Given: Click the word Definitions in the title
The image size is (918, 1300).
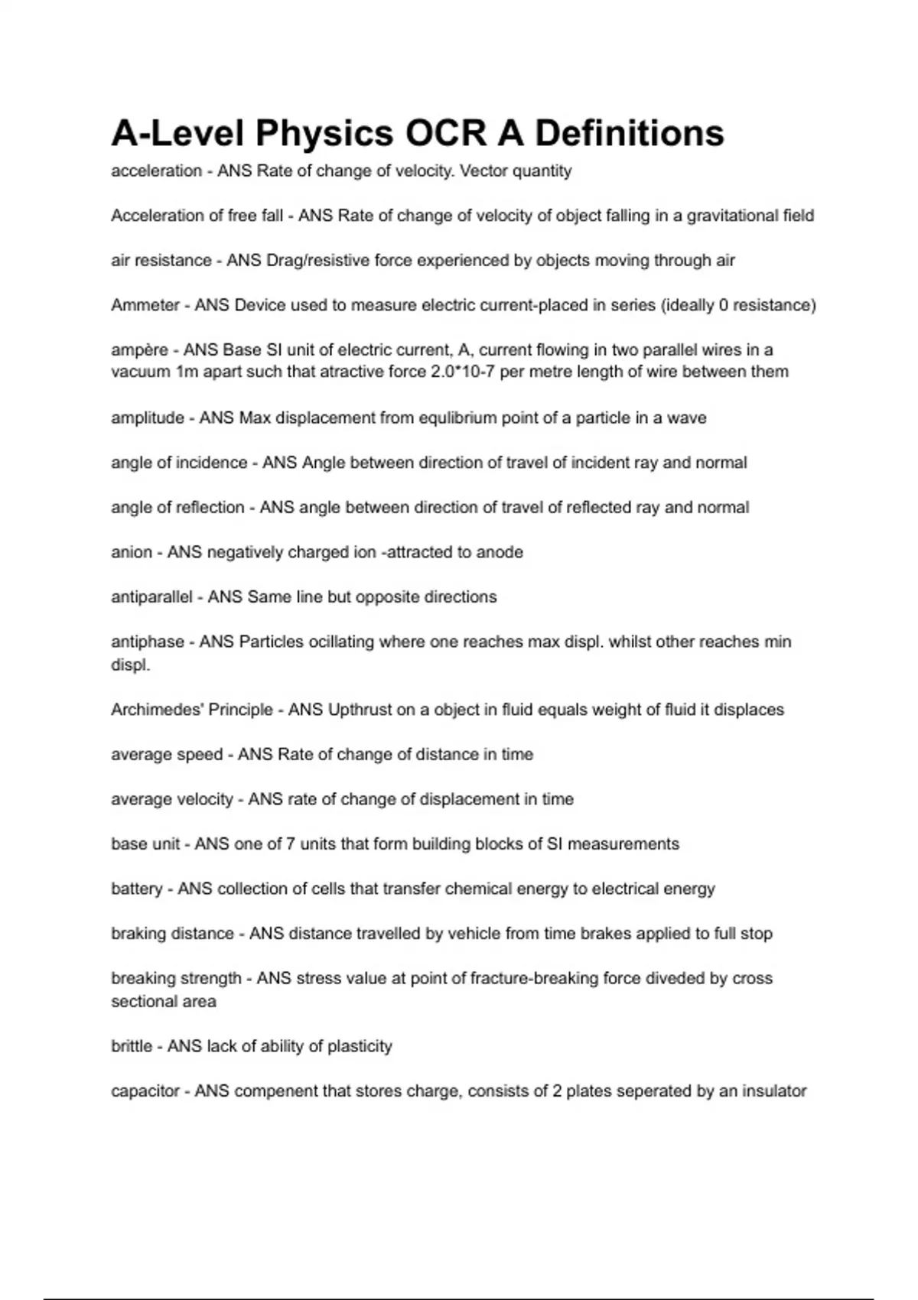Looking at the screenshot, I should (x=629, y=133).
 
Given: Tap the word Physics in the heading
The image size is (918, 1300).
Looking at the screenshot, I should (x=324, y=133).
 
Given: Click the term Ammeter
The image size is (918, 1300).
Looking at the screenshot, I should (x=145, y=305).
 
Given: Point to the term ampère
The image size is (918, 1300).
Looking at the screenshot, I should (x=139, y=350).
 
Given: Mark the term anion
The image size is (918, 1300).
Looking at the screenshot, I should (x=132, y=552).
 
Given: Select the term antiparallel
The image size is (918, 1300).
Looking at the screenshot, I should (x=151, y=597).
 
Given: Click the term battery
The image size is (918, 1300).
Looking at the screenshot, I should (x=137, y=889).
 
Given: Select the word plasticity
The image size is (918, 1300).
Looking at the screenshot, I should (x=360, y=1046).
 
